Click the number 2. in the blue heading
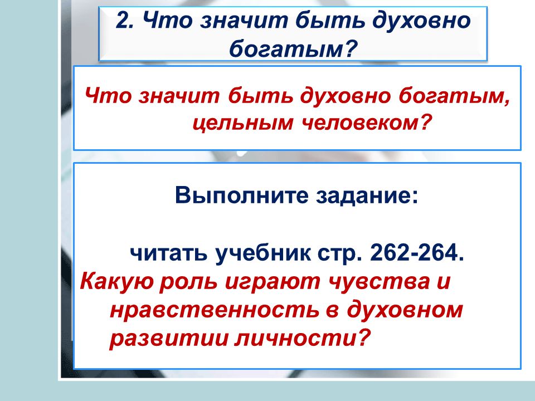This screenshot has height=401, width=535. coord(124,21)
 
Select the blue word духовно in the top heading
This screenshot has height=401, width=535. coord(421,21)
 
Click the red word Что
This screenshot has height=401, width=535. coord(108,95)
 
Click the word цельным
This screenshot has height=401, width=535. coord(242,124)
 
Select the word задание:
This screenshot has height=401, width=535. coord(367,196)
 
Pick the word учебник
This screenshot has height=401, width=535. coord(262,254)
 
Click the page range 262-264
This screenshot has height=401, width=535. coord(417,253)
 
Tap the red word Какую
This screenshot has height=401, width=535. coord(115,282)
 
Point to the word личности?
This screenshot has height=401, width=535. coord(302,338)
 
